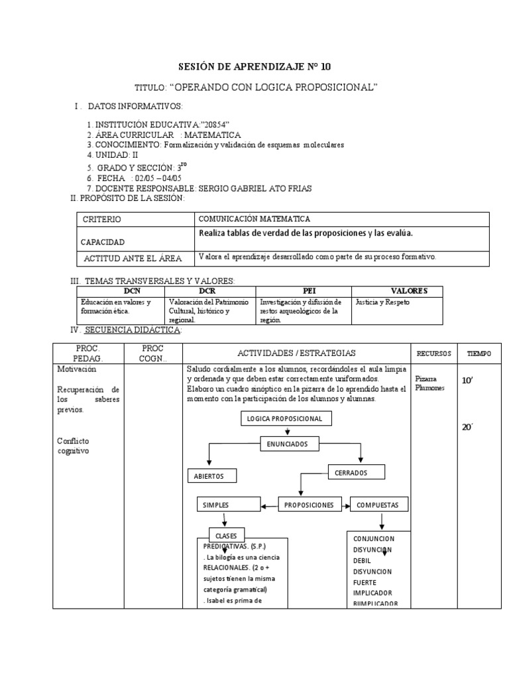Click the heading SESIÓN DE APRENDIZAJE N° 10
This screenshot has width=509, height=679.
pyautogui.click(x=254, y=66)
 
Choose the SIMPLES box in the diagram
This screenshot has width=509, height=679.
pyautogui.click(x=219, y=505)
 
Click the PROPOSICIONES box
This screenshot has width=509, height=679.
pyautogui.click(x=308, y=505)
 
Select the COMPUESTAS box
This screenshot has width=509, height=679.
pyautogui.click(x=377, y=505)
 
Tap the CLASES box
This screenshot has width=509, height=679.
pyautogui.click(x=227, y=536)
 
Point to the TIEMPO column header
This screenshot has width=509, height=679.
pyautogui.click(x=479, y=353)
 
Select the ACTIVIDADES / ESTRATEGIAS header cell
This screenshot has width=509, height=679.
pyautogui.click(x=297, y=353)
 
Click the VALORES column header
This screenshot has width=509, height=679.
pyautogui.click(x=409, y=290)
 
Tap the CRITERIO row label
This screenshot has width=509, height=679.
pyautogui.click(x=102, y=219)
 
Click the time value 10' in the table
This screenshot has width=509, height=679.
pyautogui.click(x=468, y=381)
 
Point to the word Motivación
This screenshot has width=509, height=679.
pyautogui.click(x=77, y=369)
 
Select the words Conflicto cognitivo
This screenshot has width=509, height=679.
pyautogui.click(x=73, y=446)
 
